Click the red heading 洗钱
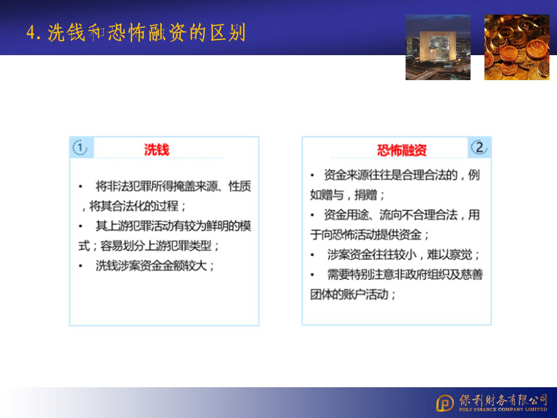pyautogui.click(x=157, y=150)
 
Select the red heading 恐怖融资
pyautogui.click(x=402, y=150)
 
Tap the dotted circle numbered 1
pyautogui.click(x=80, y=147)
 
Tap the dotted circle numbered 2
pyautogui.click(x=479, y=147)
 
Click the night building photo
pyautogui.click(x=438, y=47)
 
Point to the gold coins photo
pyautogui.click(x=517, y=47)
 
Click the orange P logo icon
pyautogui.click(x=445, y=403)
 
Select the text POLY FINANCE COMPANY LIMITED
pyautogui.click(x=503, y=409)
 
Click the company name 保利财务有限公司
pyautogui.click(x=503, y=400)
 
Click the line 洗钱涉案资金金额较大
pyautogui.click(x=155, y=265)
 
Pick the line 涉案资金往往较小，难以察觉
pyautogui.click(x=403, y=254)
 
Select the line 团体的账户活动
pyautogui.click(x=353, y=294)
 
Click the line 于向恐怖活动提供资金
pyautogui.click(x=370, y=235)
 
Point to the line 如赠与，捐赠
pyautogui.click(x=348, y=195)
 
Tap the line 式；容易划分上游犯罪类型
pyautogui.click(x=149, y=246)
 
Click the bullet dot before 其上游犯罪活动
pyautogui.click(x=81, y=226)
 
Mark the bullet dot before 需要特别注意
pyautogui.click(x=313, y=275)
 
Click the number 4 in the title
pyautogui.click(x=31, y=33)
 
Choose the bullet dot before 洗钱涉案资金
pyautogui.click(x=81, y=266)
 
